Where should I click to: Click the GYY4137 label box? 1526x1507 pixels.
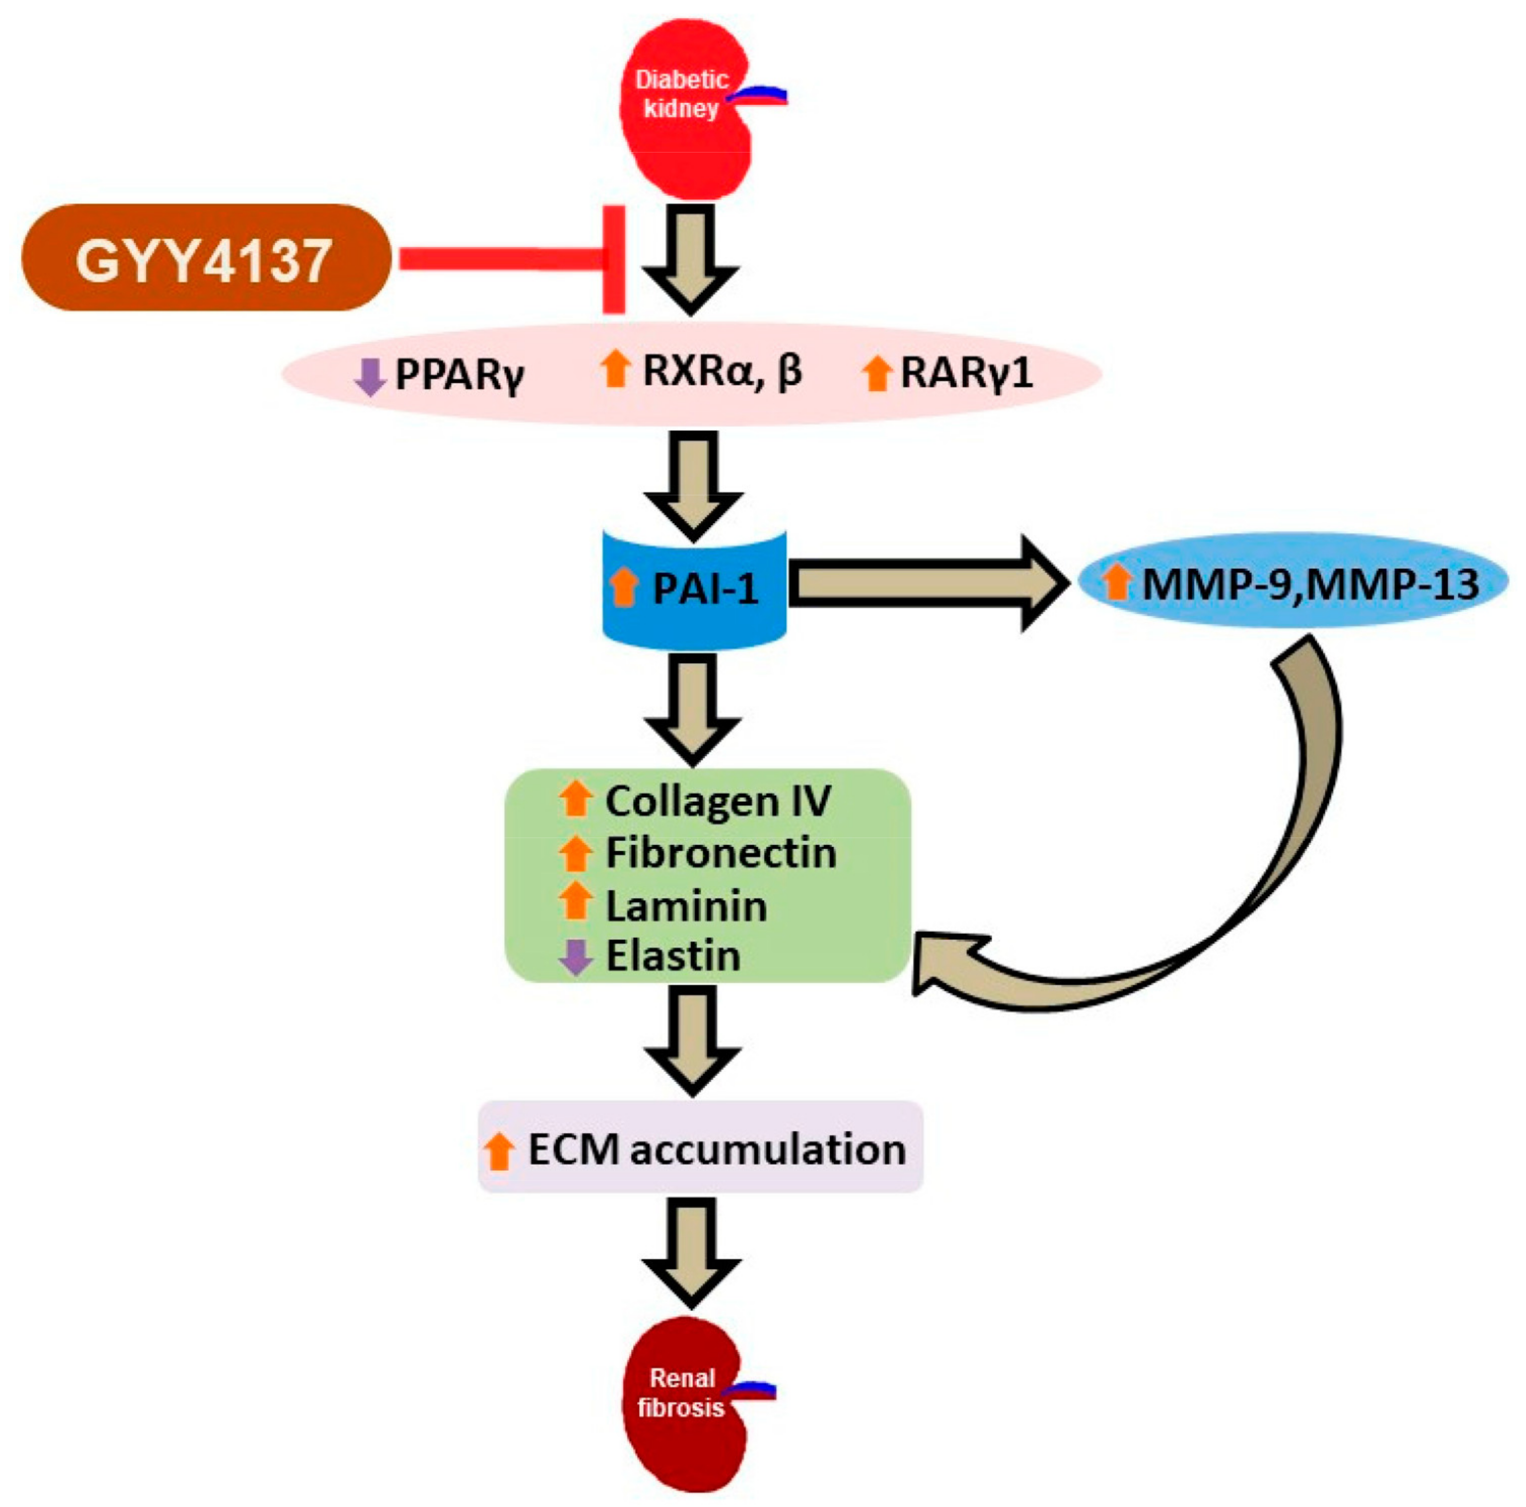click(x=205, y=258)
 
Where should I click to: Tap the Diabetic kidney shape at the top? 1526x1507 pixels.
click(x=683, y=118)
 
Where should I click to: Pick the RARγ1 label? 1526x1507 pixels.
click(x=967, y=373)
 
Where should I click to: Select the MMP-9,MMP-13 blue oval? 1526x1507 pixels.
click(x=1293, y=584)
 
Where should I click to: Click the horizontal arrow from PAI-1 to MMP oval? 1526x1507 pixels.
click(x=924, y=584)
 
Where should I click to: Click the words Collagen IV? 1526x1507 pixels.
click(x=717, y=801)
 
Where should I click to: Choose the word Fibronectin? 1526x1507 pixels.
click(x=720, y=853)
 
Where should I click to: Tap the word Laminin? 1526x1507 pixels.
click(x=686, y=906)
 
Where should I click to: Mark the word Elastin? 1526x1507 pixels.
click(x=673, y=956)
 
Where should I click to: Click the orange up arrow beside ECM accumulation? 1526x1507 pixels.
click(x=498, y=1151)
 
